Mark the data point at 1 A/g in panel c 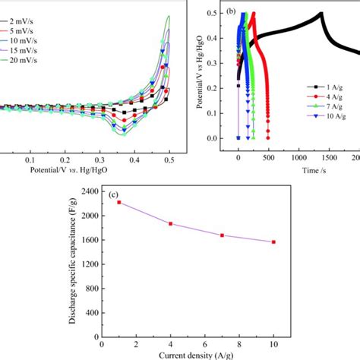118,203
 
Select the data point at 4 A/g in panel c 170,223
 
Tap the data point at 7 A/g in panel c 222,235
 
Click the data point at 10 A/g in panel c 273,242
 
